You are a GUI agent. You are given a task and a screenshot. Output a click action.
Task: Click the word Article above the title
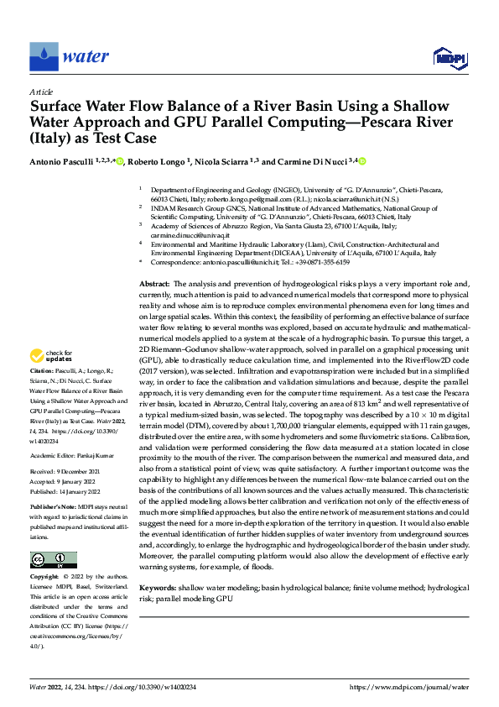[x=41, y=91]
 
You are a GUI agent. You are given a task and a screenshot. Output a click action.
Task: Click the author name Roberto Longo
[x=159, y=162]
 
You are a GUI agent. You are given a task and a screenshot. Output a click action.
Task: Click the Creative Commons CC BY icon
[x=53, y=560]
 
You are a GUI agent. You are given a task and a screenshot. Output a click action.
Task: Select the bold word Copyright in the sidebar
[x=45, y=578]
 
